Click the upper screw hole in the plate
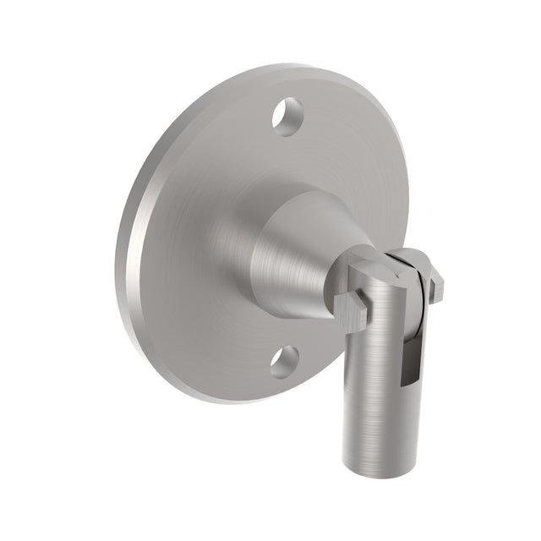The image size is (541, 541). tap(287, 117)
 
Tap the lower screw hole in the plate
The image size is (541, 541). tap(285, 362)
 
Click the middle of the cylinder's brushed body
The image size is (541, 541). tap(372, 380)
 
